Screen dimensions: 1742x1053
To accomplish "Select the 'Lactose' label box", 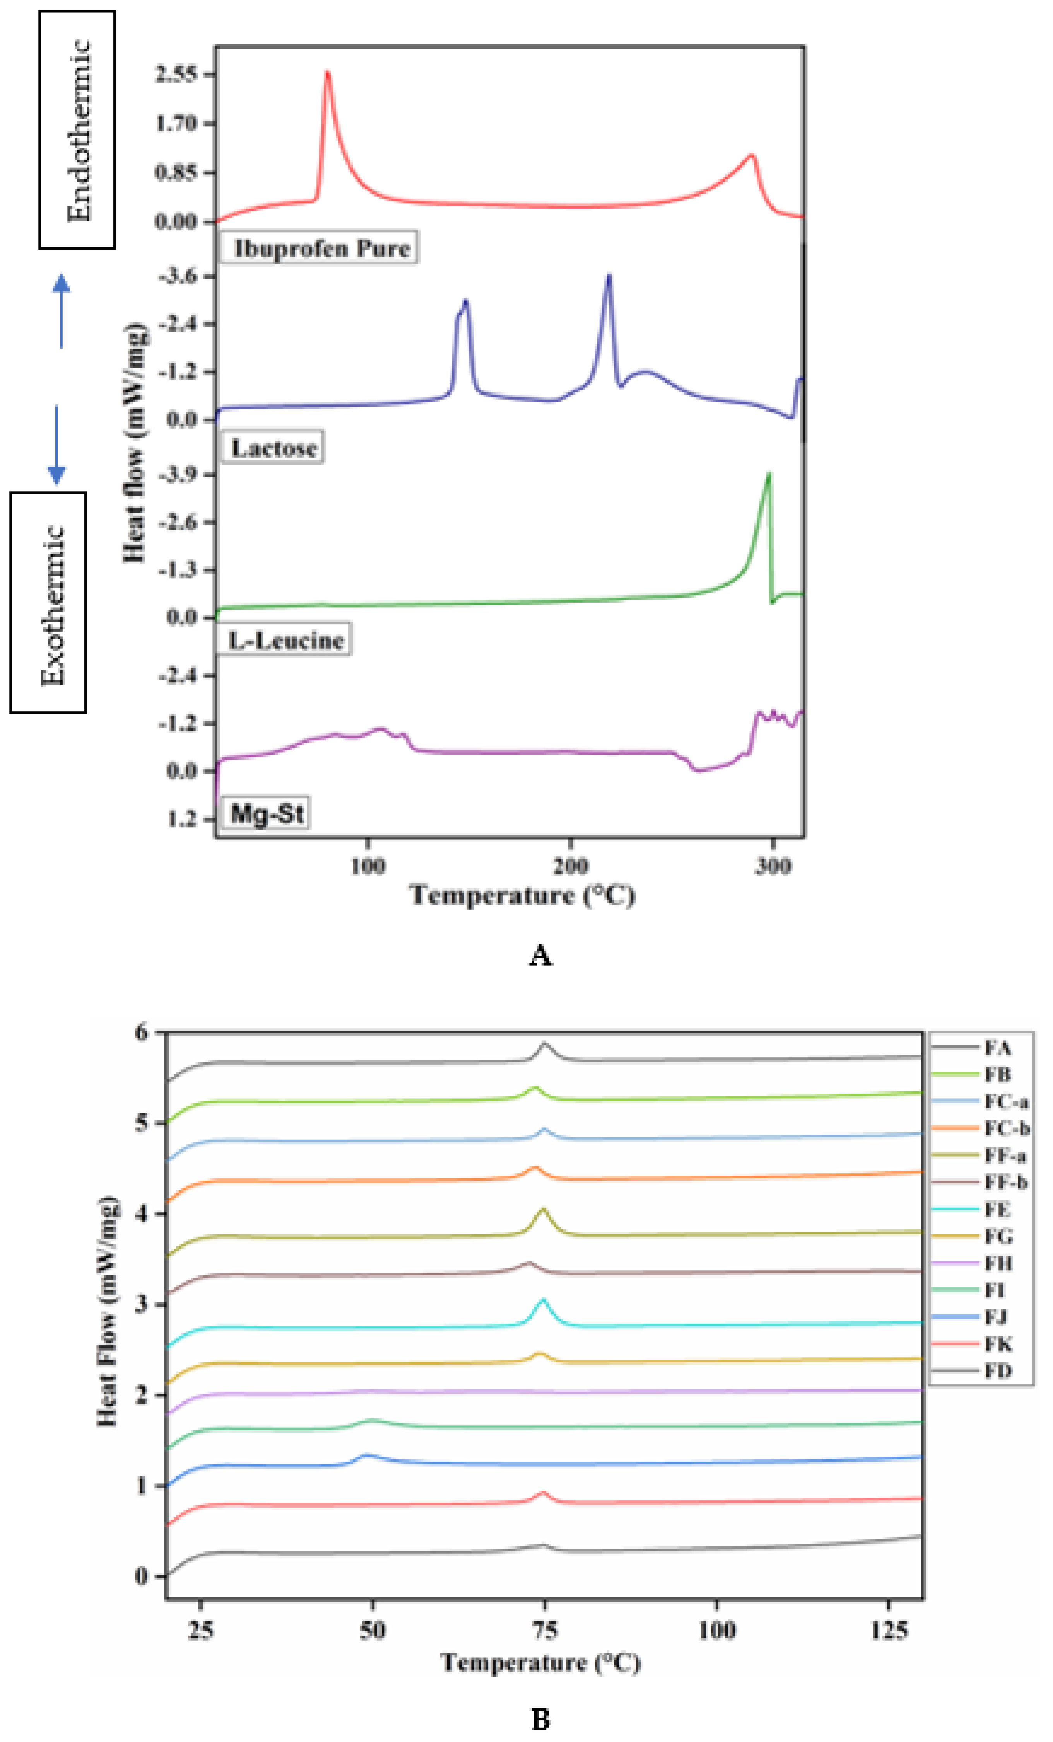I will pos(273,448).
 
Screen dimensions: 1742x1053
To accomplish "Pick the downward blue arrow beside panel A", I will pos(56,445).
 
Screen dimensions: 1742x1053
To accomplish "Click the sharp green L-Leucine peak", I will pos(769,475).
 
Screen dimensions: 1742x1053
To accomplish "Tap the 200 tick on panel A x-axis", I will pos(570,865).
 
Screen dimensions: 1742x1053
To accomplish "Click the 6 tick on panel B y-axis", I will pos(142,1033).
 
